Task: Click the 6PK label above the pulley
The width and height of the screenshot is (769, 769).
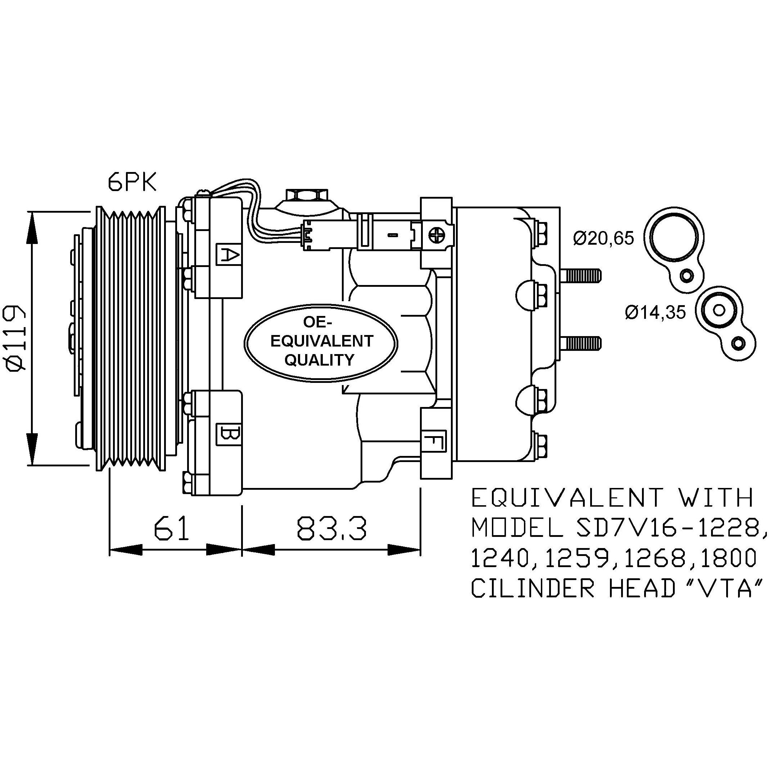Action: point(132,183)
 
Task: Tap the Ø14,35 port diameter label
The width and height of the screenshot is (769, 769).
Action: point(656,312)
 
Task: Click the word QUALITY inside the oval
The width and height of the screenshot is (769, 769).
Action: point(319,360)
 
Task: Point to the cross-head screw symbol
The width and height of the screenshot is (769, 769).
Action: point(437,236)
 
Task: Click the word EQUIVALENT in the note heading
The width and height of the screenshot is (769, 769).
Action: point(567,498)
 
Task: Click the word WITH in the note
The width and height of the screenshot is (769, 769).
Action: point(717,498)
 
